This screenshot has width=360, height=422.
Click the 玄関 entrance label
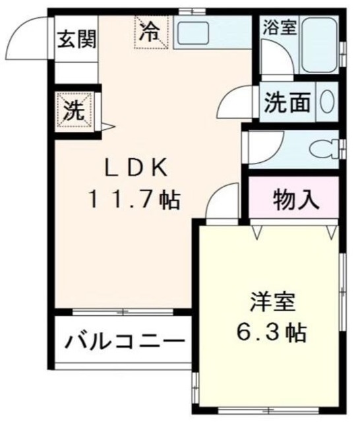pos(76,38)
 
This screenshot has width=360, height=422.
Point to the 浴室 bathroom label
pos(280,27)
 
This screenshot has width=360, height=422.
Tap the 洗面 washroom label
pos(287,102)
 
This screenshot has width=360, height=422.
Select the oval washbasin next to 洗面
pos(328,102)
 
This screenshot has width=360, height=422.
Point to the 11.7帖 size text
pos(136,198)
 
